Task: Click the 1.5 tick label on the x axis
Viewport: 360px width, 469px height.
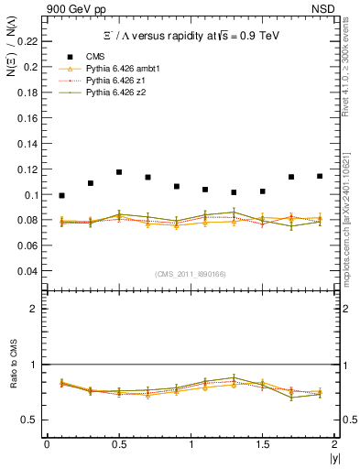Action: pyautogui.click(x=262, y=444)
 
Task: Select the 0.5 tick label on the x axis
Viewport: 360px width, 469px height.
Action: pyautogui.click(x=118, y=444)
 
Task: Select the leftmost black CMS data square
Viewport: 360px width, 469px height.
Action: pyautogui.click(x=61, y=195)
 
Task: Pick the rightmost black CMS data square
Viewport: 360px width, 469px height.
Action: pyautogui.click(x=320, y=176)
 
